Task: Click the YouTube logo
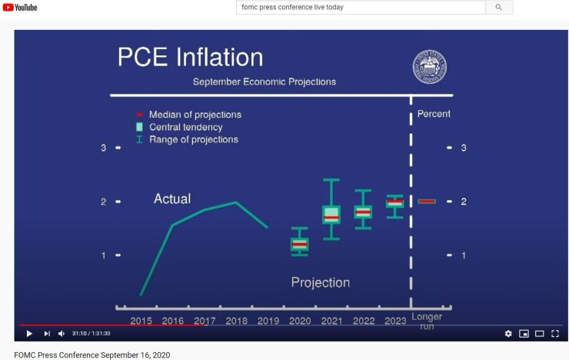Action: click(20, 7)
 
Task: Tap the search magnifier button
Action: click(498, 7)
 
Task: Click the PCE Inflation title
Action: click(190, 58)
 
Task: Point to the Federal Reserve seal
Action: click(430, 67)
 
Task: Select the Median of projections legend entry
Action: click(188, 115)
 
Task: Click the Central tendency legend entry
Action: click(179, 127)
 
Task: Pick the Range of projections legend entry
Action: click(188, 140)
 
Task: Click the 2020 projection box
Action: click(300, 245)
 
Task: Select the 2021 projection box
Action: click(331, 215)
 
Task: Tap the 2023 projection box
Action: click(394, 203)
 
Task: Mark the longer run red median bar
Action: click(427, 202)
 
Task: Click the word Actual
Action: click(172, 199)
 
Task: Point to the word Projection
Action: click(321, 283)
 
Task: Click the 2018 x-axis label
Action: click(237, 321)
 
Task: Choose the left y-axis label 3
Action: click(104, 148)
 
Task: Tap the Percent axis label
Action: click(434, 114)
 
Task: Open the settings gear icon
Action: click(508, 334)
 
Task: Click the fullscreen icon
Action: click(555, 334)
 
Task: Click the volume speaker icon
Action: click(62, 334)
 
